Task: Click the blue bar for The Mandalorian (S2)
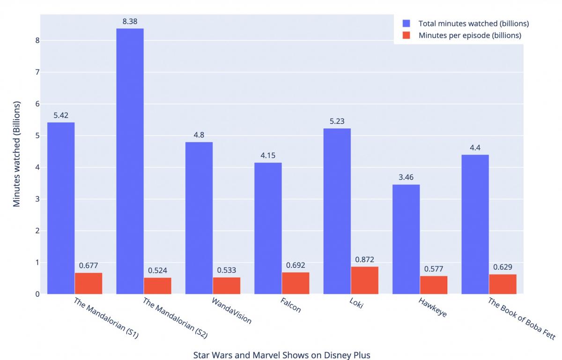(x=130, y=161)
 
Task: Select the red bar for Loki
(x=364, y=280)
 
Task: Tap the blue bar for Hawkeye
(x=406, y=239)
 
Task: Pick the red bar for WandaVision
(x=226, y=285)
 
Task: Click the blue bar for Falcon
(x=268, y=228)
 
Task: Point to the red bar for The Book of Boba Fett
(x=503, y=284)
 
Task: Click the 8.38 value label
(x=130, y=21)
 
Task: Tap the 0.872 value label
(x=364, y=259)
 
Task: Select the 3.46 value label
(x=406, y=177)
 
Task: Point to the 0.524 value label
(x=157, y=270)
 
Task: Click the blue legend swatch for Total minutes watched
(x=406, y=23)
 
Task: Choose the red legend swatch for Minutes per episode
(x=406, y=35)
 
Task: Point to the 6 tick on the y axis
(x=37, y=104)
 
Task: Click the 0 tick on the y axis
(x=37, y=294)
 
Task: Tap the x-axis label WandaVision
(x=231, y=310)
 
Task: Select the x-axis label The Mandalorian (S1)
(x=105, y=318)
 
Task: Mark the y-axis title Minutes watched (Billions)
(x=17, y=154)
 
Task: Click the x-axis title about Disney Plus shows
(x=281, y=355)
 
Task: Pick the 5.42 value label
(x=61, y=115)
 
